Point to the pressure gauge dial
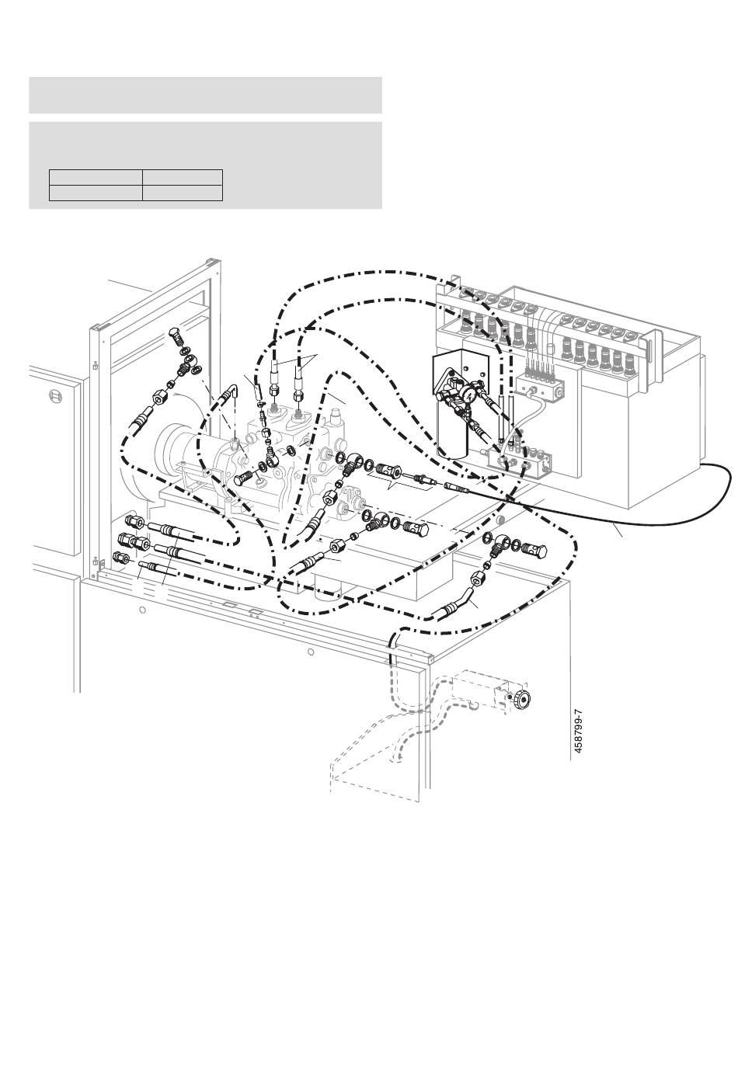click(469, 394)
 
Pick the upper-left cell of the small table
click(96, 177)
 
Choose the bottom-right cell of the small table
click(183, 193)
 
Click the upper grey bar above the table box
click(205, 95)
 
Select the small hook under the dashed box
click(469, 704)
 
